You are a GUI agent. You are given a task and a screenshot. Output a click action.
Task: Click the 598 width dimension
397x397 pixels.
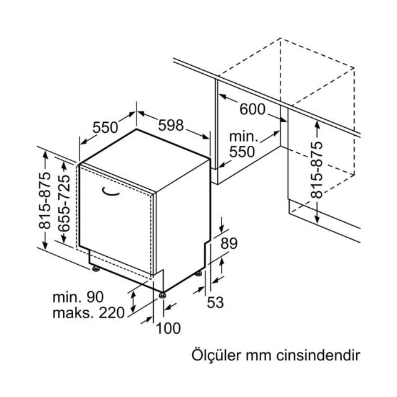tap(171, 125)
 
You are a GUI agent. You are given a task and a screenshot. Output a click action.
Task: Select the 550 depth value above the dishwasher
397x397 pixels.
tap(105, 127)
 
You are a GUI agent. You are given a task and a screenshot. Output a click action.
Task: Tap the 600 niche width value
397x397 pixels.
tap(252, 109)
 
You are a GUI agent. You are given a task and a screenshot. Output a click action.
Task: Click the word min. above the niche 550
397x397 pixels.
tap(243, 136)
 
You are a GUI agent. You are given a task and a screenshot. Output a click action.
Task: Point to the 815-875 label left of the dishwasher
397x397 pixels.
tap(45, 200)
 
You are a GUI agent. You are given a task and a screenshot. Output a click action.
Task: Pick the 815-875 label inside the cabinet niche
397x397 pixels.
tap(317, 170)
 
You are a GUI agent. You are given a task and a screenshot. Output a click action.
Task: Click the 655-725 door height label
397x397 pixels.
tap(63, 203)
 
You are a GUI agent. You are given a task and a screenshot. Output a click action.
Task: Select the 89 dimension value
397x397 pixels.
tap(229, 244)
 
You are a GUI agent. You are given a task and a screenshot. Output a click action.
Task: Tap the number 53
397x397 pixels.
tap(215, 302)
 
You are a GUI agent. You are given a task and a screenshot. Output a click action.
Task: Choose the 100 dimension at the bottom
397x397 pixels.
tap(168, 328)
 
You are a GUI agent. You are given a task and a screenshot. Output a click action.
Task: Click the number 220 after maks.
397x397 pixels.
tap(112, 313)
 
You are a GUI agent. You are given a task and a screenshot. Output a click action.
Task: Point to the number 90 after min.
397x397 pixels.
tap(95, 297)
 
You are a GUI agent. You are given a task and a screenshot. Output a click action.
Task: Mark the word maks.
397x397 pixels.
tap(74, 313)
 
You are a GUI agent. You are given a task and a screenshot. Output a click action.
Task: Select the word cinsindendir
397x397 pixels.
tap(318, 355)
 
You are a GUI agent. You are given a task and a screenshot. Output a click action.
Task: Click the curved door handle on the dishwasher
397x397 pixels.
tap(110, 192)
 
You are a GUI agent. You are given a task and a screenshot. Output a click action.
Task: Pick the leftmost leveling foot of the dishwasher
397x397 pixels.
tap(96, 269)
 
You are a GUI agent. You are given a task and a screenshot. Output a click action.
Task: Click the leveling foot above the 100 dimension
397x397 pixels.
tap(163, 295)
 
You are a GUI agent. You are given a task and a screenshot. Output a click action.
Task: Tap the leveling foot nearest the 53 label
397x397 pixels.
tap(198, 274)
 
